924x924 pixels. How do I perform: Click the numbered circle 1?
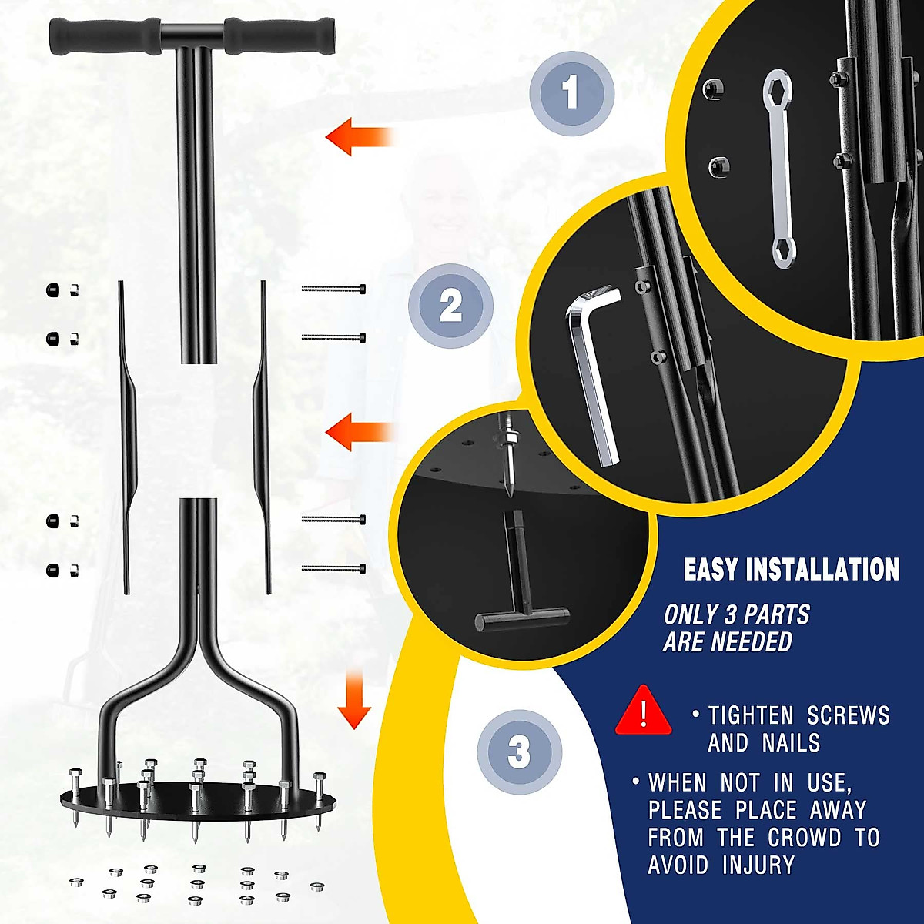[571, 92]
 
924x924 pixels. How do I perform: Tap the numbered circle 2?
[450, 306]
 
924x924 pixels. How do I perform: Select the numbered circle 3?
[519, 752]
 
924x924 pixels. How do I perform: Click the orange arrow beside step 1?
[359, 137]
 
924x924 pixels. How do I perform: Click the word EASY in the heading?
[711, 570]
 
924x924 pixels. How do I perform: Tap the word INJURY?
[758, 865]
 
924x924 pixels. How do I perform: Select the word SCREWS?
[848, 715]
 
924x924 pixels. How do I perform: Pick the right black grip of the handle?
[280, 35]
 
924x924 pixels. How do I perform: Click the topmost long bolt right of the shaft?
[333, 289]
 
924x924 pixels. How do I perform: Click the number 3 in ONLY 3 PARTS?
[731, 615]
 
